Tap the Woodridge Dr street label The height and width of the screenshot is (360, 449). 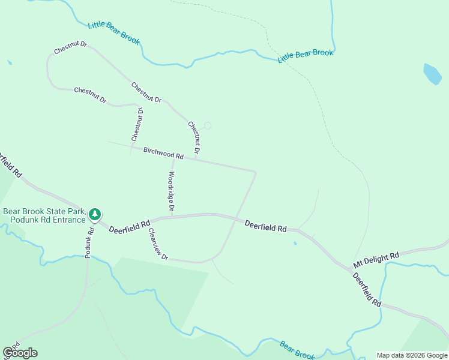pyautogui.click(x=171, y=191)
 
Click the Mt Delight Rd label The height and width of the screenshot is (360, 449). pyautogui.click(x=376, y=259)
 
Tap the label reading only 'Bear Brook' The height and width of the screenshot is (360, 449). pyautogui.click(x=297, y=350)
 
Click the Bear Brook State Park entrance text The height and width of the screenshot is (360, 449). pyautogui.click(x=44, y=215)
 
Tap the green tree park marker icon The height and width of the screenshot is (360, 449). pyautogui.click(x=95, y=214)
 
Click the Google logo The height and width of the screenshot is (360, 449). pyautogui.click(x=20, y=353)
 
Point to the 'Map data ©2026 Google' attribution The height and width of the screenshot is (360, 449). pyautogui.click(x=411, y=355)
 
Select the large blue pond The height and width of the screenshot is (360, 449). pyautogui.click(x=432, y=74)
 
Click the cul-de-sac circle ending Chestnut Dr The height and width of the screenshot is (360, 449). pyautogui.click(x=208, y=125)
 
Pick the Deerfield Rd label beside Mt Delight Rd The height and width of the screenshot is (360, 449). pyautogui.click(x=367, y=290)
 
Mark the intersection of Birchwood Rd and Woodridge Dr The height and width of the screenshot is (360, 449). pyautogui.click(x=173, y=158)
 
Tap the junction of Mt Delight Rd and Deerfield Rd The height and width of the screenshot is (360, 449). pyautogui.click(x=351, y=269)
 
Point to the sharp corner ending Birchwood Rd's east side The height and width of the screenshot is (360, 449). pyautogui.click(x=256, y=173)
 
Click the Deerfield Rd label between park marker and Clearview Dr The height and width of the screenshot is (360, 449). pyautogui.click(x=130, y=226)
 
